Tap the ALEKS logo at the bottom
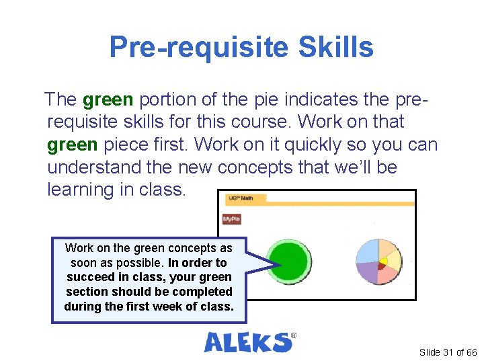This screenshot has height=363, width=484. pyautogui.click(x=249, y=341)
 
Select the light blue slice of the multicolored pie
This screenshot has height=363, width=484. pyautogui.click(x=368, y=251)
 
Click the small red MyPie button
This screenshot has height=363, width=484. pyautogui.click(x=231, y=219)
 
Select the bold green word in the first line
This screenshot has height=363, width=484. pyautogui.click(x=108, y=100)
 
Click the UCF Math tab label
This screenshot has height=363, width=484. pyautogui.click(x=236, y=198)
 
